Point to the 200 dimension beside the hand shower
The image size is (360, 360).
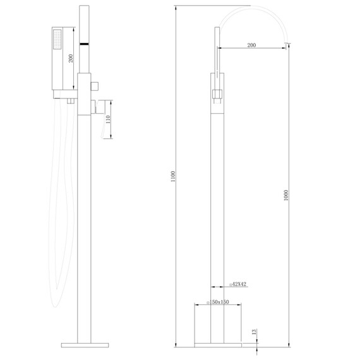click(x=71, y=58)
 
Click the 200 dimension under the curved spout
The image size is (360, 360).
click(x=251, y=45)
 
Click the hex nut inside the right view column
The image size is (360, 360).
click(x=217, y=95)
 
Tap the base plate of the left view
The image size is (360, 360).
click(x=85, y=345)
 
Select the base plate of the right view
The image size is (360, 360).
click(x=217, y=345)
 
